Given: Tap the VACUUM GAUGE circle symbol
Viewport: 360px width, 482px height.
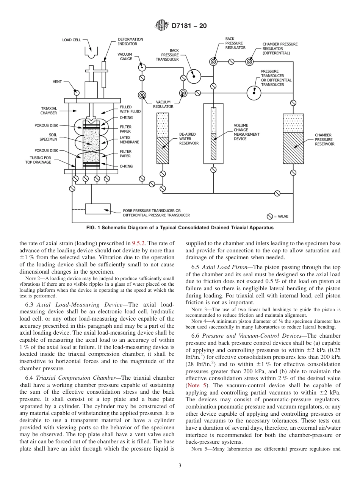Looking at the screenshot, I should [142, 67].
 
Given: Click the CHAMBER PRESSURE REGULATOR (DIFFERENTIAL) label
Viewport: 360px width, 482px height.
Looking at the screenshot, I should [280, 49].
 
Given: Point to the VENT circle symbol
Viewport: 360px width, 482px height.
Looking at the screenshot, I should [77, 92].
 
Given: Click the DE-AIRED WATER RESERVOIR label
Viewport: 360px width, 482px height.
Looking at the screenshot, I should [189, 139].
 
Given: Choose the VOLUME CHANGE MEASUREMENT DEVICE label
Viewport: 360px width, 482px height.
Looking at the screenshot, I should [246, 132].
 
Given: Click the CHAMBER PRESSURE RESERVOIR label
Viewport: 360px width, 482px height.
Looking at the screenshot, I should [324, 139].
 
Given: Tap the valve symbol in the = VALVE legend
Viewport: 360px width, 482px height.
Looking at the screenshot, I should [269, 216].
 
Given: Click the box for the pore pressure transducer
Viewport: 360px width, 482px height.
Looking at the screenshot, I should [98, 209].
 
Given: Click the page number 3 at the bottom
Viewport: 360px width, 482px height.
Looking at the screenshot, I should [180, 466].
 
